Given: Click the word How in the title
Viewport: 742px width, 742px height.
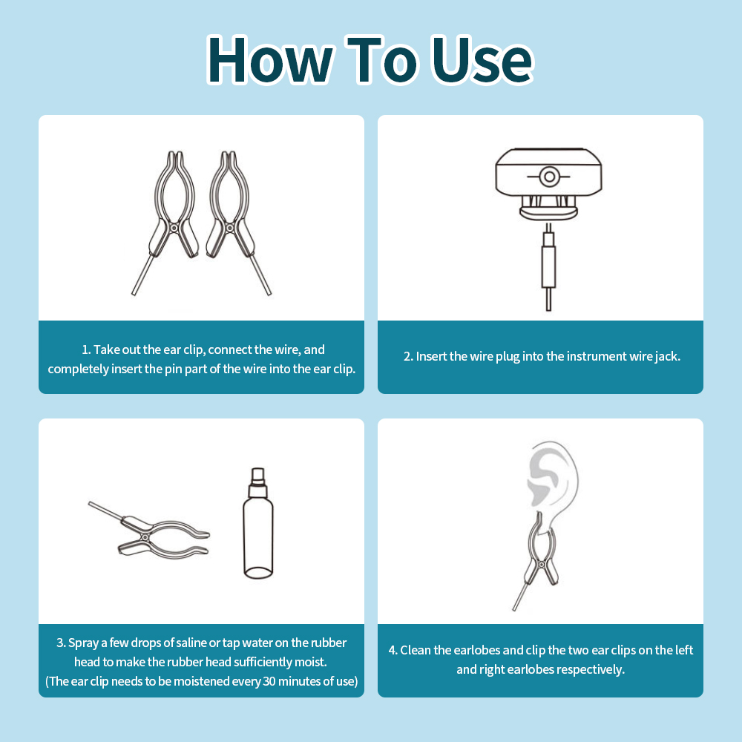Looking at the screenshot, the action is point(270,60).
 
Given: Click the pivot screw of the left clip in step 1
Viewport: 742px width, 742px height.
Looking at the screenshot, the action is point(174,228).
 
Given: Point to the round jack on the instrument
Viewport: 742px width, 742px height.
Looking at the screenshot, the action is point(549,177).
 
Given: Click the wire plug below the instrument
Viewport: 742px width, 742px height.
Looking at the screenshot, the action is point(548,267).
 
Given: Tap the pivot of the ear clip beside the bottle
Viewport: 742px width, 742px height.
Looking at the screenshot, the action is point(145,537).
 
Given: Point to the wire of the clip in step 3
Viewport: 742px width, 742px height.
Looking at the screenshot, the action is point(106,510).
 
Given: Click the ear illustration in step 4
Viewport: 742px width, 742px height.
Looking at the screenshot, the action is point(552,478).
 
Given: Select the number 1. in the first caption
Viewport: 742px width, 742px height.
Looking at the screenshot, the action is point(85,349).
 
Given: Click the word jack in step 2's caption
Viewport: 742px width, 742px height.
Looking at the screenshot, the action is point(668,356).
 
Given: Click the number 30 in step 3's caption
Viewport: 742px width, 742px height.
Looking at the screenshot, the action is point(269,681).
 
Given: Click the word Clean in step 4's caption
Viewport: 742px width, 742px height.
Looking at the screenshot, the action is point(416,650).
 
